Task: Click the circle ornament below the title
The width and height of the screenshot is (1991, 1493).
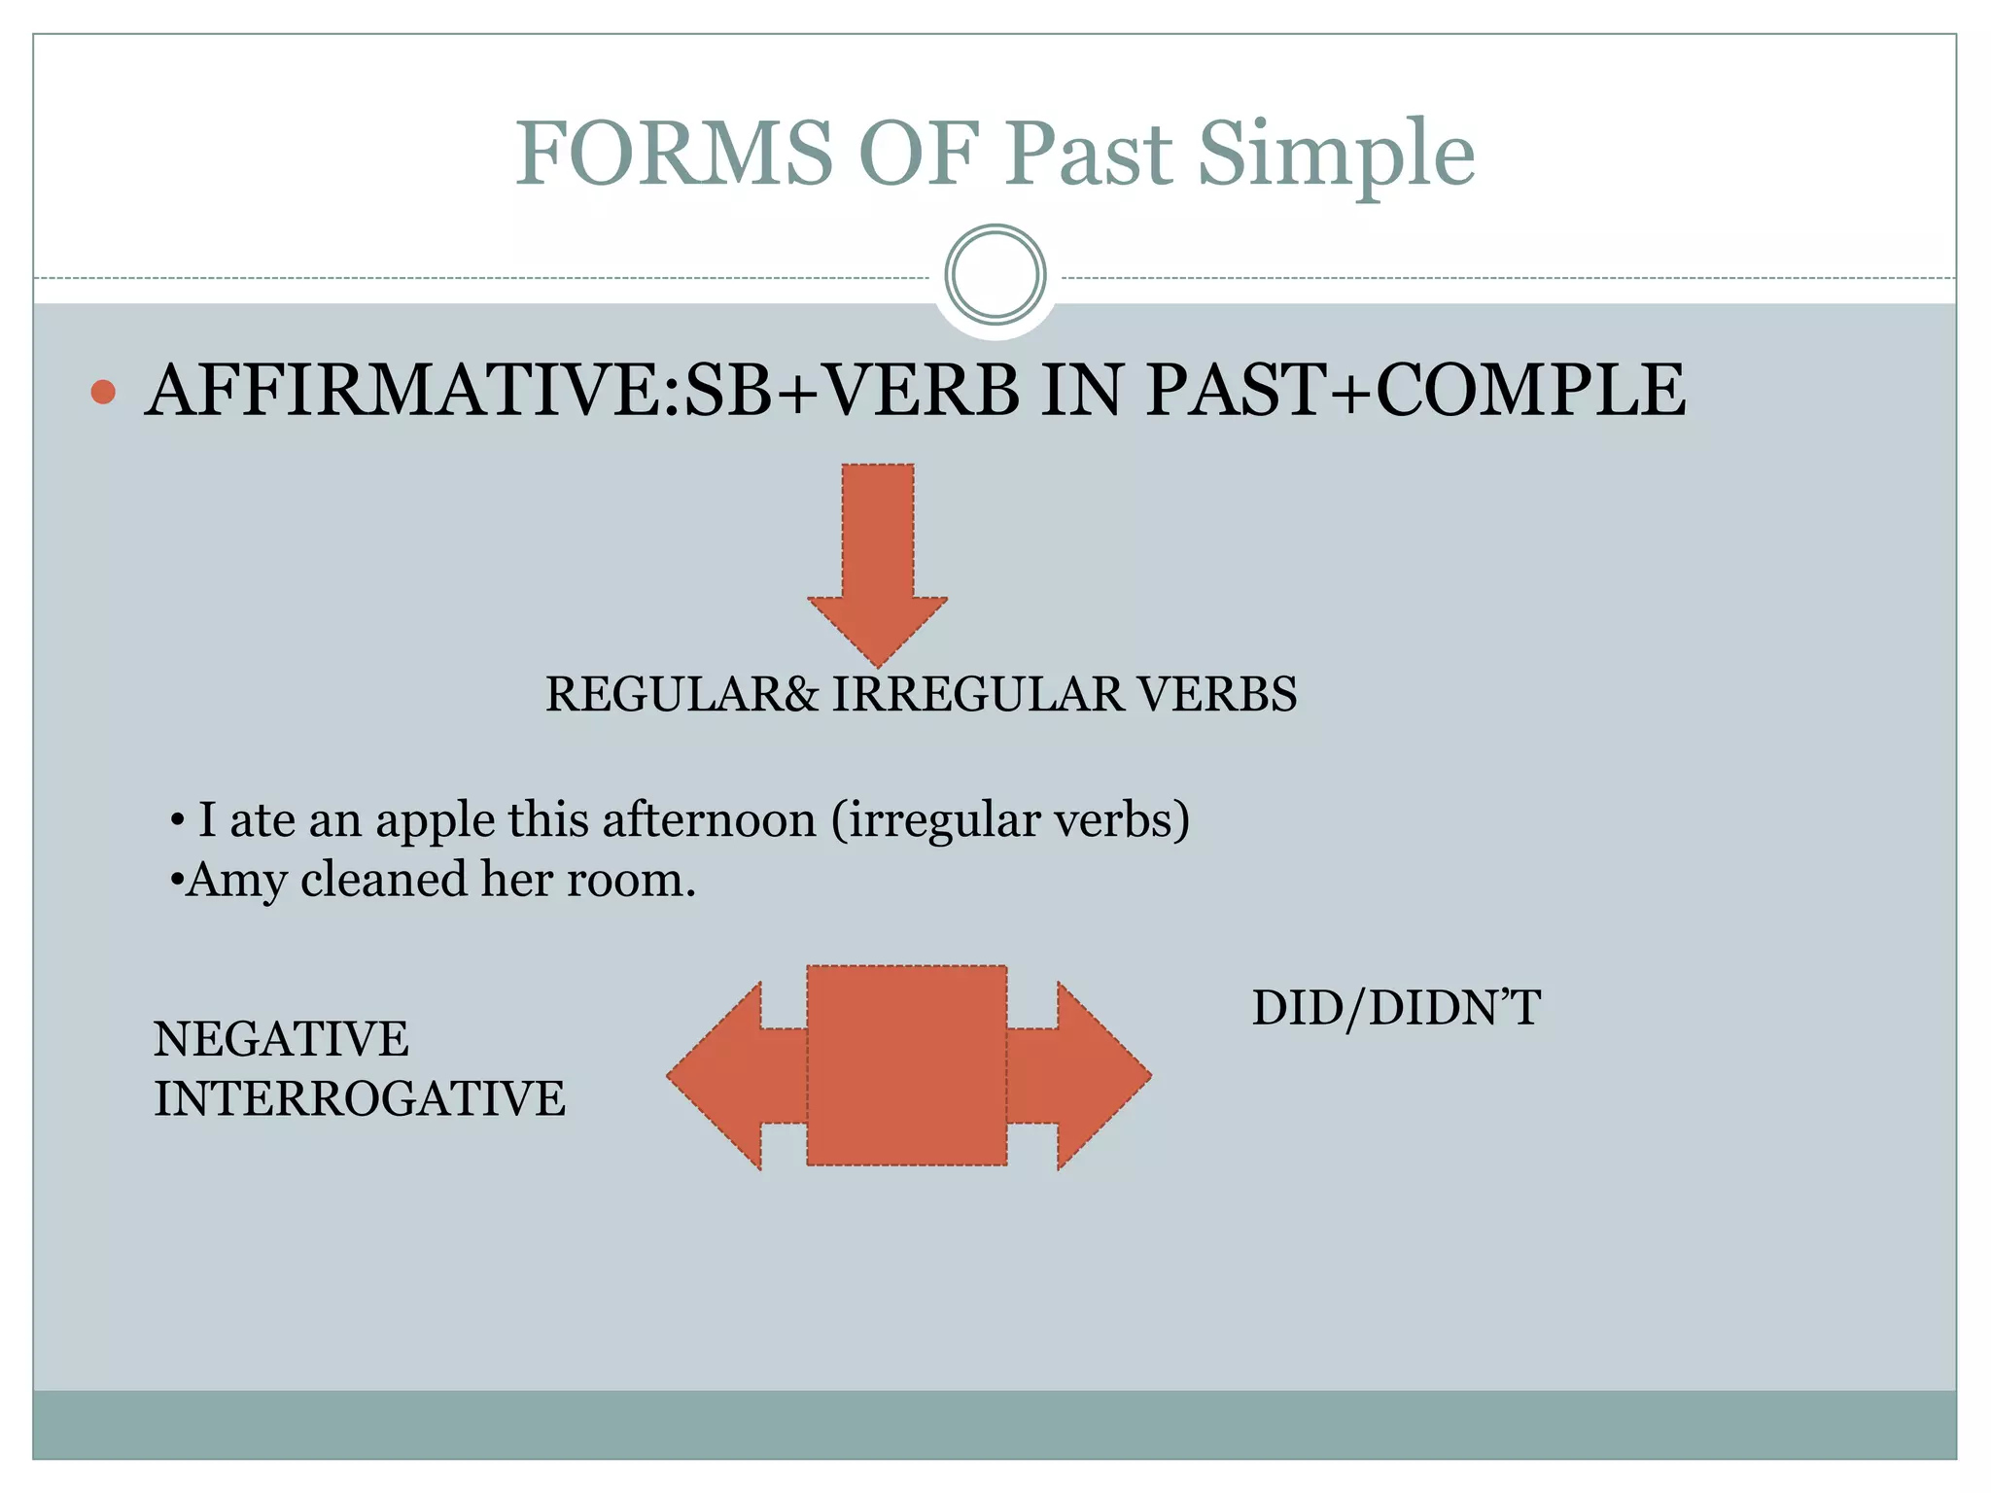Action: tap(995, 275)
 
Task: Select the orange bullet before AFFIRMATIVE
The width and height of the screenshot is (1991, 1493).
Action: tap(103, 392)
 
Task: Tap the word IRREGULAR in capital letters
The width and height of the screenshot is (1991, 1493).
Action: tap(976, 694)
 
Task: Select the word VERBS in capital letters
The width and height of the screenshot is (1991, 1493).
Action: tap(1217, 694)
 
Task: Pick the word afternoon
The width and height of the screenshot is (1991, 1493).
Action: tap(709, 819)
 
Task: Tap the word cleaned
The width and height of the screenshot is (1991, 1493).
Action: tap(384, 880)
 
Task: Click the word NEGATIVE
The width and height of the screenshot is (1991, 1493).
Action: tap(281, 1039)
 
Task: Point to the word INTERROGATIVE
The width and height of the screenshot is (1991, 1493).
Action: tap(360, 1099)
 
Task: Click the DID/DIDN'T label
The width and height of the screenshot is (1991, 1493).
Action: tap(1396, 1008)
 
